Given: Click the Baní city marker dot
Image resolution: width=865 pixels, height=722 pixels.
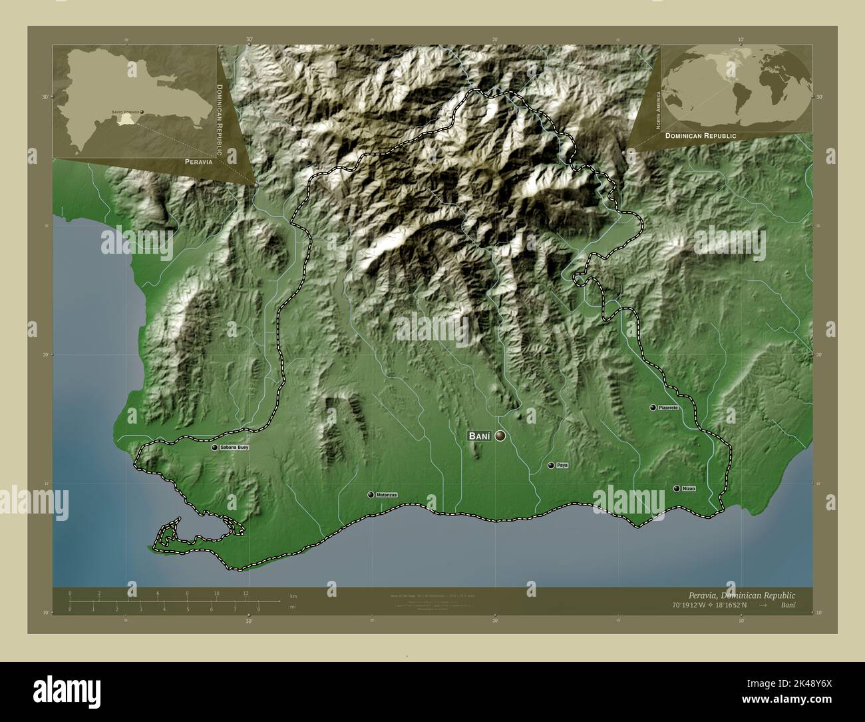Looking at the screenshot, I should click(500, 436).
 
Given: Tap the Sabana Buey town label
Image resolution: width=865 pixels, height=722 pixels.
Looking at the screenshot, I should click(234, 448).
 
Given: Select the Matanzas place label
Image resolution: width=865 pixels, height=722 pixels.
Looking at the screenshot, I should click(386, 495).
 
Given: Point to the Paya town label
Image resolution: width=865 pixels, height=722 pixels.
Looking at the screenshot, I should click(562, 466).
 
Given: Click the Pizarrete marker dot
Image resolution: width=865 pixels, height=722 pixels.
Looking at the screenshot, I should click(653, 407).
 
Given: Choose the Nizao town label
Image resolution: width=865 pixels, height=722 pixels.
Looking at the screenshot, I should click(688, 489).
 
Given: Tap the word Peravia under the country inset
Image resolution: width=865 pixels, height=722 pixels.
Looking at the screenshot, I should click(199, 162).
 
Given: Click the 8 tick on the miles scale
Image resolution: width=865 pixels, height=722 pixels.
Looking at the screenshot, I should click(259, 609).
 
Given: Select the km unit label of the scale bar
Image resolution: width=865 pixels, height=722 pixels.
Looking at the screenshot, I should click(293, 595).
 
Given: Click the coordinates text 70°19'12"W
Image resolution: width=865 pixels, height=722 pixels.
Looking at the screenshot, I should click(685, 605).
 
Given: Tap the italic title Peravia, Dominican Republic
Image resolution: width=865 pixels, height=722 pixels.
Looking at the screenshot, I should click(738, 594).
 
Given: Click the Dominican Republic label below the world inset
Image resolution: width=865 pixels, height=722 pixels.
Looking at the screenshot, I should click(699, 135).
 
